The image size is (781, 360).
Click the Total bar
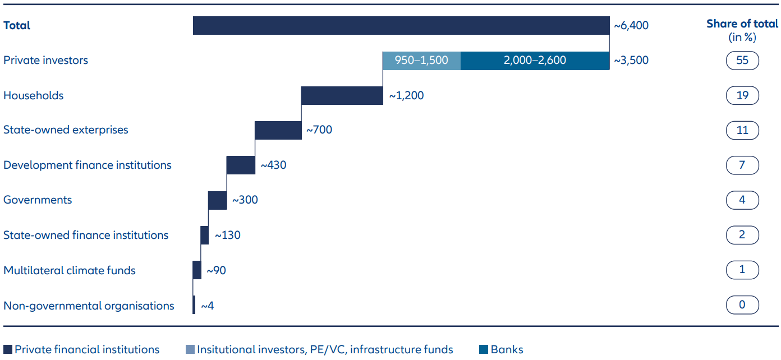click(401, 26)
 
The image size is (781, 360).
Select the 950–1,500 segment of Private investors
click(421, 61)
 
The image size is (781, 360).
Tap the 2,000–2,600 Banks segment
click(535, 61)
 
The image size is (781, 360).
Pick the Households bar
click(342, 95)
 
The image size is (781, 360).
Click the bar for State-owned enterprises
click(278, 130)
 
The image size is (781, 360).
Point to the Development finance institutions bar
click(241, 165)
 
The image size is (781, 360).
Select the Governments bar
click(217, 200)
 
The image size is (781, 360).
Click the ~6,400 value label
click(631, 26)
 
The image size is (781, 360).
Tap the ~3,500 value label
click(631, 61)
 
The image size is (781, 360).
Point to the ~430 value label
click(273, 165)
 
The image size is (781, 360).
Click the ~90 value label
click(216, 270)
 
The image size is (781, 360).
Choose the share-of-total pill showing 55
click(742, 61)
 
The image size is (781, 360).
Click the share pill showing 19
click(742, 95)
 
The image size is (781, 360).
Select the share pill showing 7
click(742, 165)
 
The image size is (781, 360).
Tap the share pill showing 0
click(742, 306)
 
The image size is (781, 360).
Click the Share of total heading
click(742, 24)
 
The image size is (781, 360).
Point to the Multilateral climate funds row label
click(70, 270)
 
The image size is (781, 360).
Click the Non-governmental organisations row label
click(89, 306)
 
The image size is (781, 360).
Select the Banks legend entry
click(501, 349)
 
